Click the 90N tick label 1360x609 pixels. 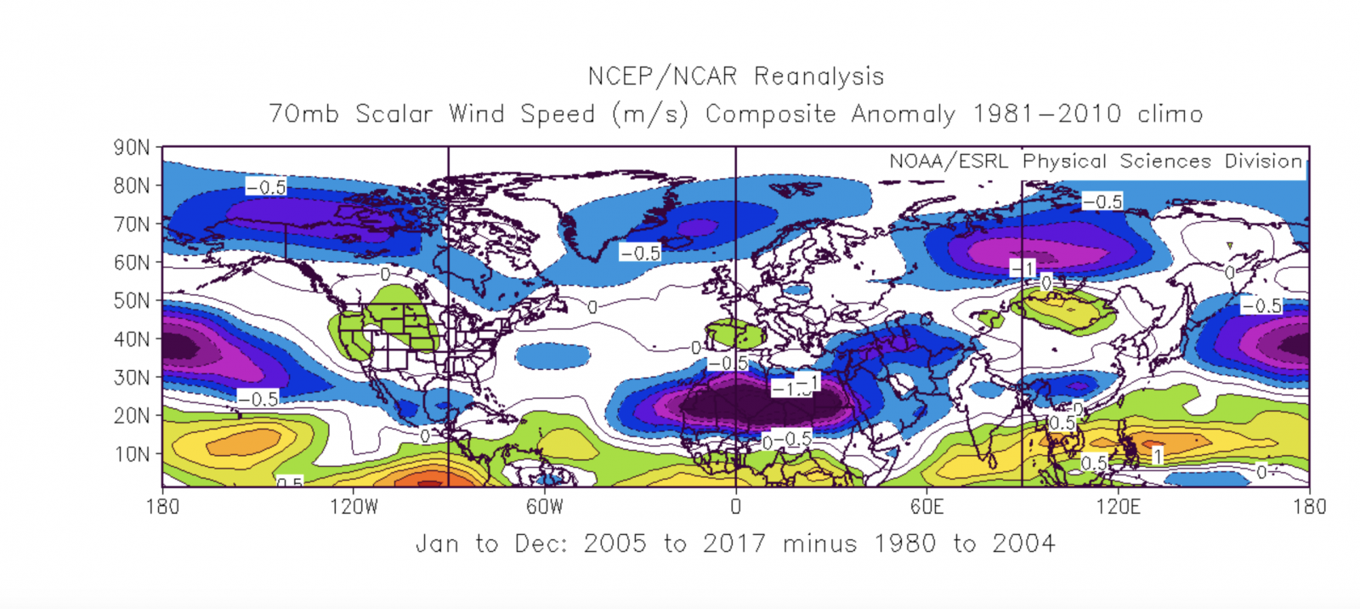(132, 148)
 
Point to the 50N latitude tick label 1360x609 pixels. (132, 300)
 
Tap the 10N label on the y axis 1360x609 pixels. (132, 454)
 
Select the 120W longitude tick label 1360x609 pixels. (354, 507)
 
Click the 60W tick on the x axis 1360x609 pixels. (545, 507)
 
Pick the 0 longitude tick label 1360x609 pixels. (735, 507)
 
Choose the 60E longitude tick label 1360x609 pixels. (926, 507)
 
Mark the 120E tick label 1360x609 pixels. (1118, 507)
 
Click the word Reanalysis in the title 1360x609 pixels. (819, 77)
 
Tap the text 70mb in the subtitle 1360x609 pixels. (303, 113)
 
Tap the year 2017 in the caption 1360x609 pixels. (734, 544)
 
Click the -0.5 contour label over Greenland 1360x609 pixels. (639, 253)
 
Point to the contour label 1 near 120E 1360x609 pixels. (1157, 457)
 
